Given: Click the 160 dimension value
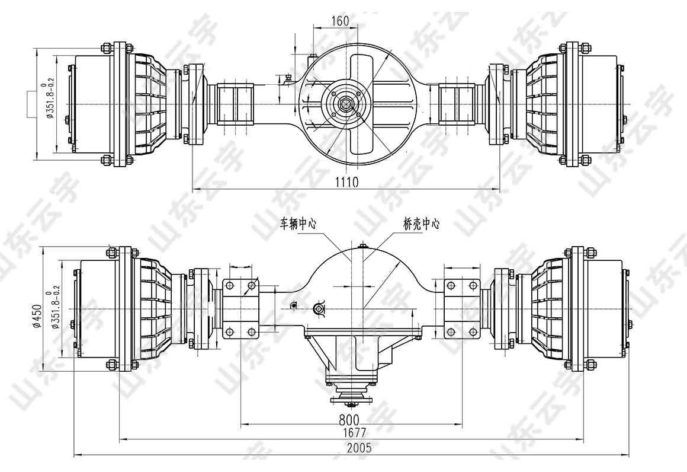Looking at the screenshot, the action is coord(340,21).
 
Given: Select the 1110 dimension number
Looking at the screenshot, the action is coord(346,182).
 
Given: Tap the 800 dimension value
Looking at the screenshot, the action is coord(349,419).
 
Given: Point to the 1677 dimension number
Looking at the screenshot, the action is coord(354,432).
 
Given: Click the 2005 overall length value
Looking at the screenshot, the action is coord(359,448).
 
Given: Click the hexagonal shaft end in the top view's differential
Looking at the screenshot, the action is coord(346,104).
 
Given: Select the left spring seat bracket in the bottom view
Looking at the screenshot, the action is coord(240,309).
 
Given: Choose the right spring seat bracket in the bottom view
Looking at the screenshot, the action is coord(462,309).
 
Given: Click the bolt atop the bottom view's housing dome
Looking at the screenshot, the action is coord(362,247).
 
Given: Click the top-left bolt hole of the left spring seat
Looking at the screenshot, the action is coord(229,286).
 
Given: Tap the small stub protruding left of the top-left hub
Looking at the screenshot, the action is coord(31,104).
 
